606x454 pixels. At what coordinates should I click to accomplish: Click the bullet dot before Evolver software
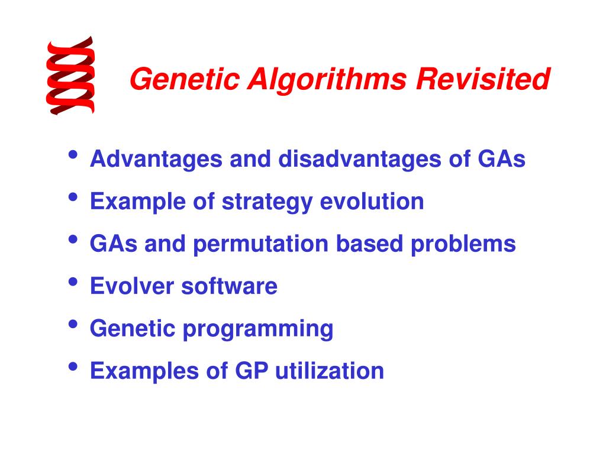pyautogui.click(x=73, y=283)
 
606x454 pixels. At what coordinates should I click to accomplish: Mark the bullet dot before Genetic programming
pyautogui.click(x=73, y=325)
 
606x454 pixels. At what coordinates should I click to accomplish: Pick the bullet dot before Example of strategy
pyautogui.click(x=73, y=198)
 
